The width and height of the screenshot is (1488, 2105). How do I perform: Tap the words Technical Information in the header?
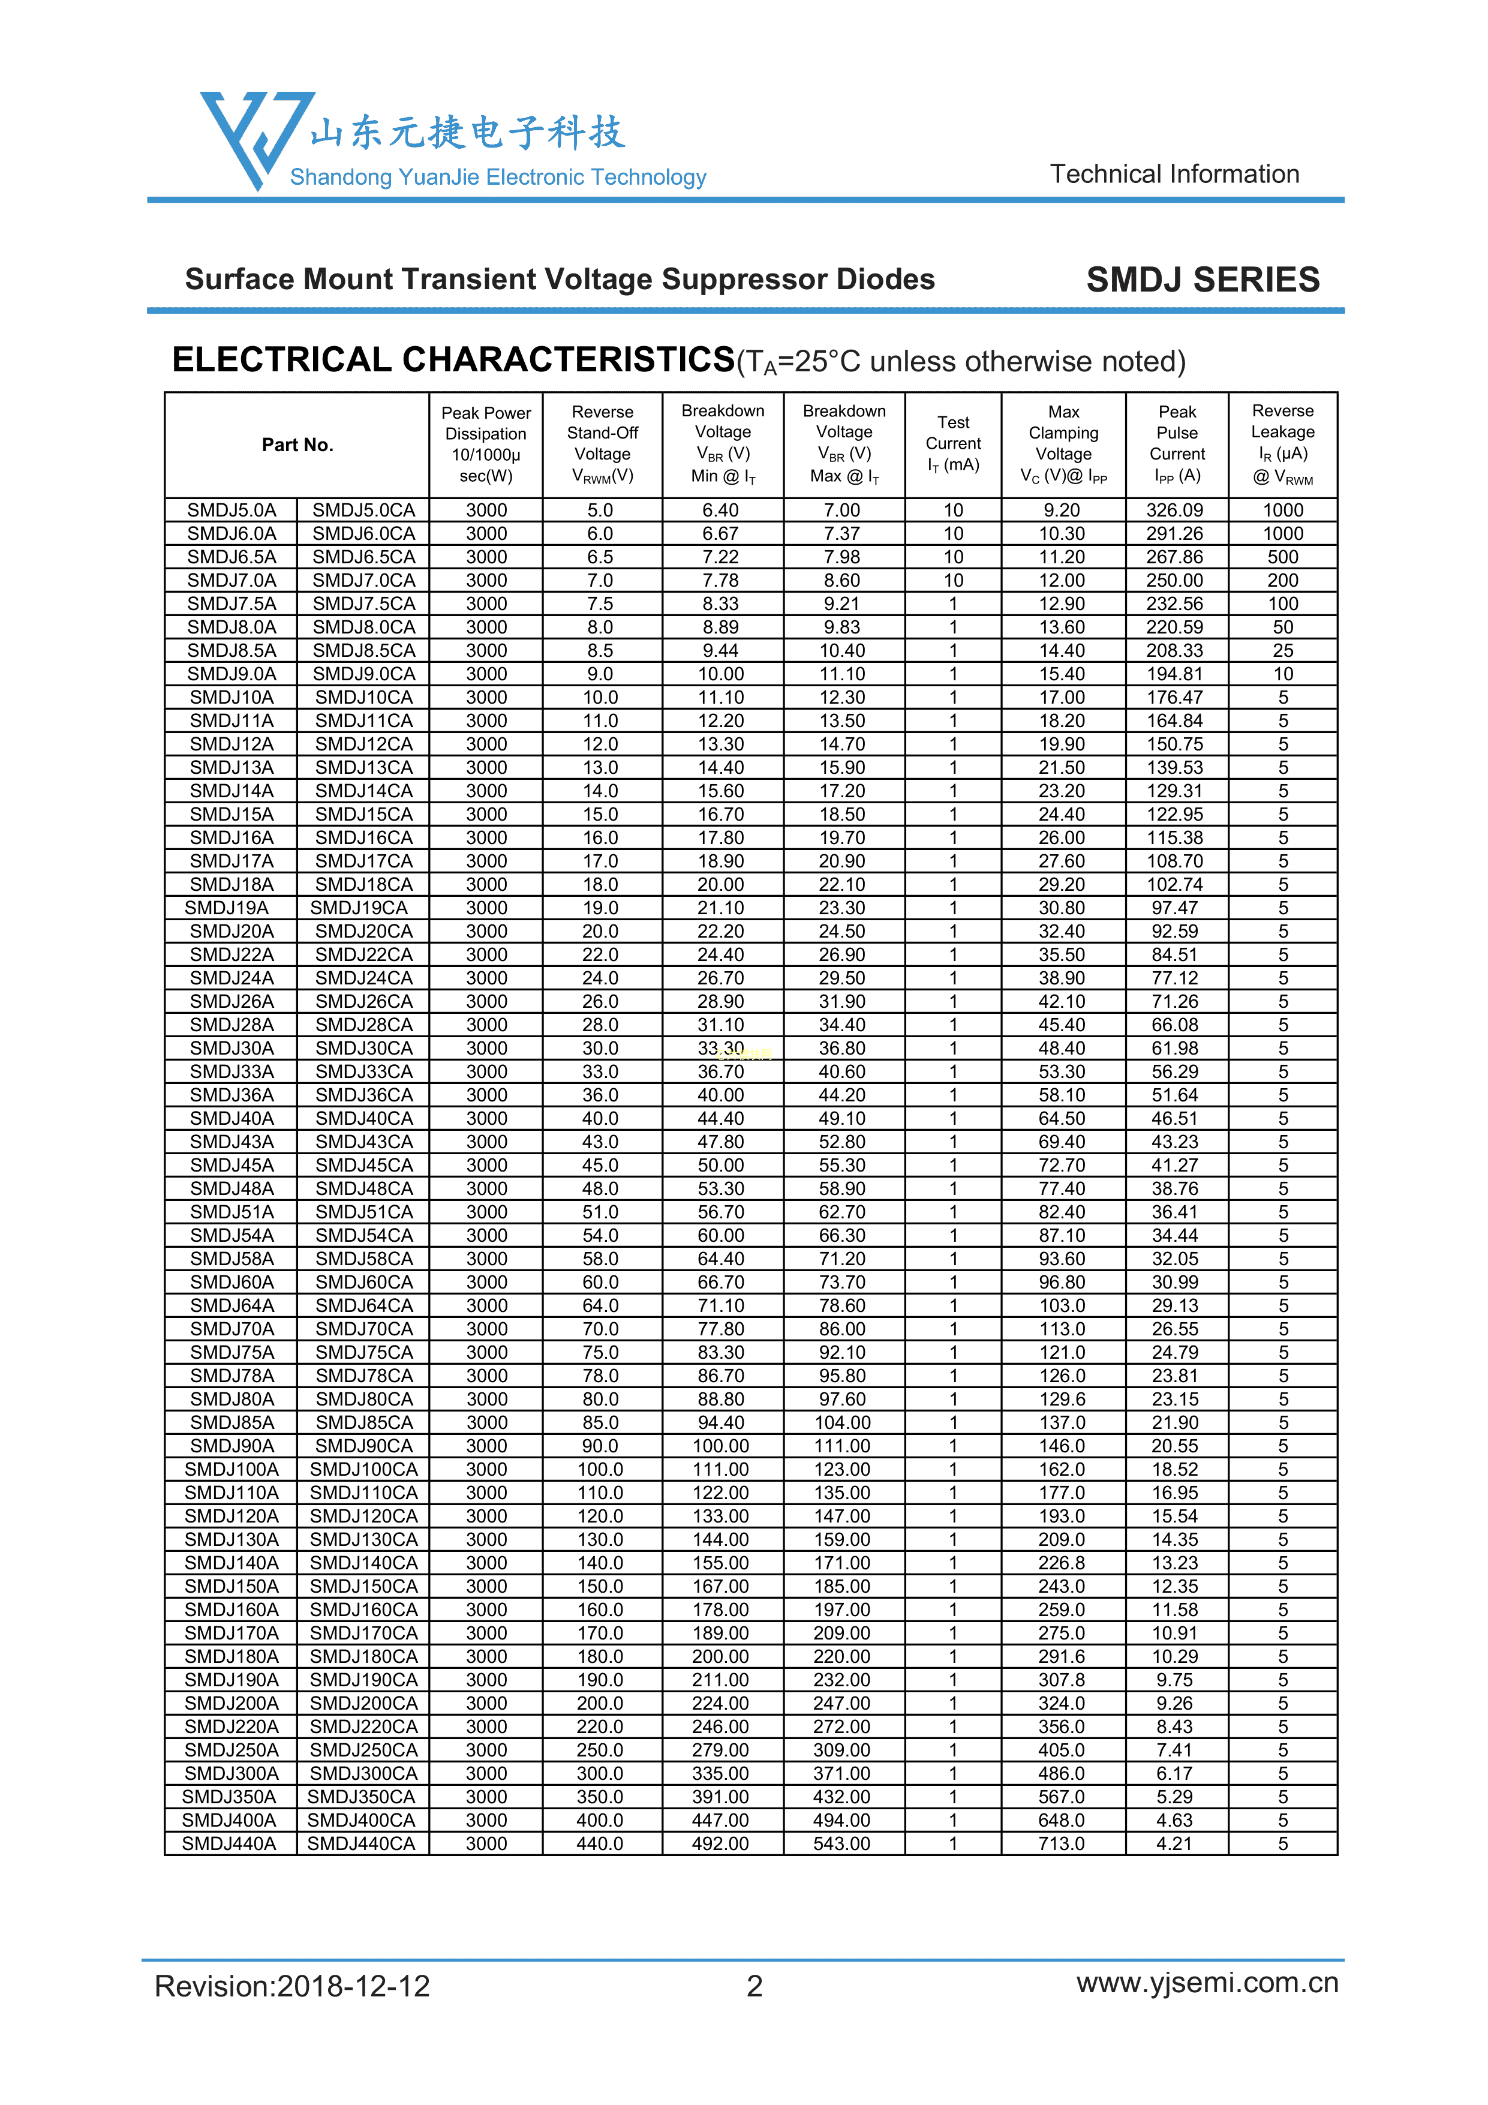tap(1174, 174)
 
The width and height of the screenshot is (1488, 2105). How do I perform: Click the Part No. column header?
tap(297, 445)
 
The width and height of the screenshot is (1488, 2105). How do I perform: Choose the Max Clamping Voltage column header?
tap(1063, 444)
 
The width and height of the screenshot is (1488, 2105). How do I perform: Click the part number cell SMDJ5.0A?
tap(231, 510)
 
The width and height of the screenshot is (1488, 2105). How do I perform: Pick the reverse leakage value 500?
tap(1283, 557)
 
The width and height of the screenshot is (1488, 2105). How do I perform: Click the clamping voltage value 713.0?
tap(1062, 1843)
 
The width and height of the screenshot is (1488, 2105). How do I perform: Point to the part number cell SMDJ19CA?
tap(359, 908)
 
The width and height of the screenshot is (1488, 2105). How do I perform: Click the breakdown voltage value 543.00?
tap(841, 1843)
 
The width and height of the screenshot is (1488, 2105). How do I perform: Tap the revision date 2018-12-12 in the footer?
tap(353, 1986)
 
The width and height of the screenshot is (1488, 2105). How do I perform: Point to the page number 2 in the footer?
tap(754, 1986)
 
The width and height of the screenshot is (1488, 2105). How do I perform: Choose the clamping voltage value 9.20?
tap(1062, 510)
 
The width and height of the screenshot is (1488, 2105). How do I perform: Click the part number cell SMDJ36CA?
tap(364, 1095)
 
